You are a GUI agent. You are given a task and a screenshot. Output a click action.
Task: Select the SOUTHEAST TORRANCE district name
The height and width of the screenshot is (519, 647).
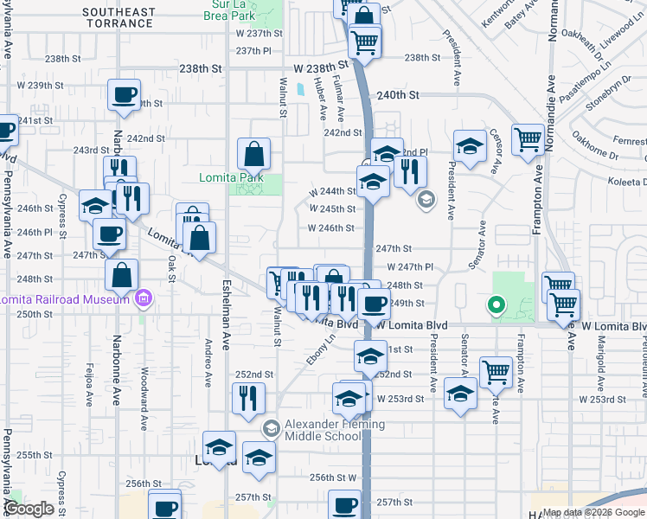120,17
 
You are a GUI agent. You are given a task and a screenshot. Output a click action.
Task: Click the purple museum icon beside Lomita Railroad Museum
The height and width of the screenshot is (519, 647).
144,300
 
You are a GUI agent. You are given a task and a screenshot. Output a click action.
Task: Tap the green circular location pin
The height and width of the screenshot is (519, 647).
496,304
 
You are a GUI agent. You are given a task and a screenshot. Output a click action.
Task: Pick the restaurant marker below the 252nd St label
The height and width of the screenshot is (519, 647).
247,398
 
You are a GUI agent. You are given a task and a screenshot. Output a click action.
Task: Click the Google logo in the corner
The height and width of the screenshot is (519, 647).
30,509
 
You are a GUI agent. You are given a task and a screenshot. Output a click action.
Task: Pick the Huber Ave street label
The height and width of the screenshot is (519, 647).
321,100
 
